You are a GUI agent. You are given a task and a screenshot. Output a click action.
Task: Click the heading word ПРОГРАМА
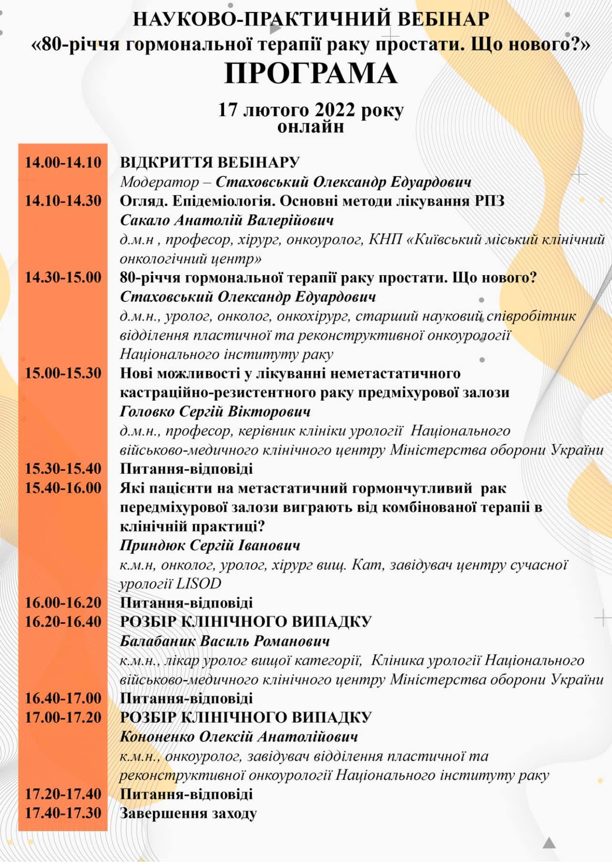click(310, 74)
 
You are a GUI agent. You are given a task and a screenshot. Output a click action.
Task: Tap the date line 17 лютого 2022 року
click(310, 110)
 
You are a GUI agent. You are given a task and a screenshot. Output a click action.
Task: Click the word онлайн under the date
click(310, 127)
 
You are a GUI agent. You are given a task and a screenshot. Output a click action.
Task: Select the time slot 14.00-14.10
click(63, 163)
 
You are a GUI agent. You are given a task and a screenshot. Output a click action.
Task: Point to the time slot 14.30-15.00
click(63, 278)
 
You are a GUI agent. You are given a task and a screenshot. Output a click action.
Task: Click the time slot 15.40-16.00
click(63, 488)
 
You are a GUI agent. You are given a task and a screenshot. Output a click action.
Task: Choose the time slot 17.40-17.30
click(63, 813)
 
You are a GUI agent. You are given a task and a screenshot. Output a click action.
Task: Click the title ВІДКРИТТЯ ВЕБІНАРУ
click(209, 163)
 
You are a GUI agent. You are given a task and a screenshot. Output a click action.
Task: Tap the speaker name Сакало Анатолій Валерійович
click(226, 220)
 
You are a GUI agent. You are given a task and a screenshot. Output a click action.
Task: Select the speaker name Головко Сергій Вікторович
click(215, 412)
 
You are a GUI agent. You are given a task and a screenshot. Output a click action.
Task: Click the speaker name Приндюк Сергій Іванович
click(210, 546)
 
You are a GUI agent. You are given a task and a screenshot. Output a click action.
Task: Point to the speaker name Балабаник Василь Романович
click(224, 641)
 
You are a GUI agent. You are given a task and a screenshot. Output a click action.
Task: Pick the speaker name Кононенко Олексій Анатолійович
click(239, 737)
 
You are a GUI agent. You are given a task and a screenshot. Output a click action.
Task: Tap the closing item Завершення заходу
click(188, 813)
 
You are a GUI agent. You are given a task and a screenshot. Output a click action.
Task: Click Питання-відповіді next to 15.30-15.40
click(186, 469)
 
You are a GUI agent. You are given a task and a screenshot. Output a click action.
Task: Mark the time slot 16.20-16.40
click(63, 622)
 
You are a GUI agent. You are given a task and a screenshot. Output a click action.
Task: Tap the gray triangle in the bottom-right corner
click(549, 843)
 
